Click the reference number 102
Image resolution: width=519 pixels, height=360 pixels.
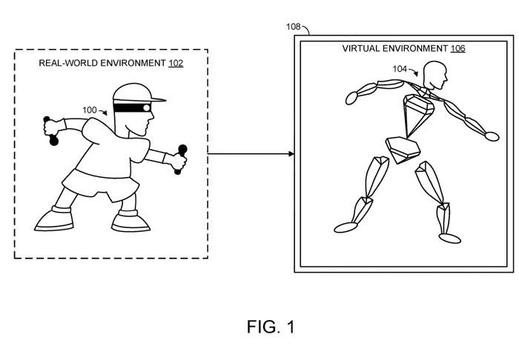tap(176, 63)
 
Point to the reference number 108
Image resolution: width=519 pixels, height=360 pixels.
tap(294, 27)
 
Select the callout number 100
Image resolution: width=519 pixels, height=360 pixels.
tap(90, 110)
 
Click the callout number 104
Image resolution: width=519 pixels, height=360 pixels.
tap(400, 69)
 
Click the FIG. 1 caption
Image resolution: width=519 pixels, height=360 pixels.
tap(271, 327)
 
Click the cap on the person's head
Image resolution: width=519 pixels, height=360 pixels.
tap(133, 92)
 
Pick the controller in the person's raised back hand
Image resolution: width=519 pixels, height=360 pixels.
tap(51, 131)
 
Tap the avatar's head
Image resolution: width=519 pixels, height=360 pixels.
tap(434, 75)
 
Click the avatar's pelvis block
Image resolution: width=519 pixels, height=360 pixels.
tap(402, 149)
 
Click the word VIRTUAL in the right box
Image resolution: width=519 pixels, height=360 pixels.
tap(361, 49)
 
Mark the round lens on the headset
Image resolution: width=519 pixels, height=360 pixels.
tap(147, 107)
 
